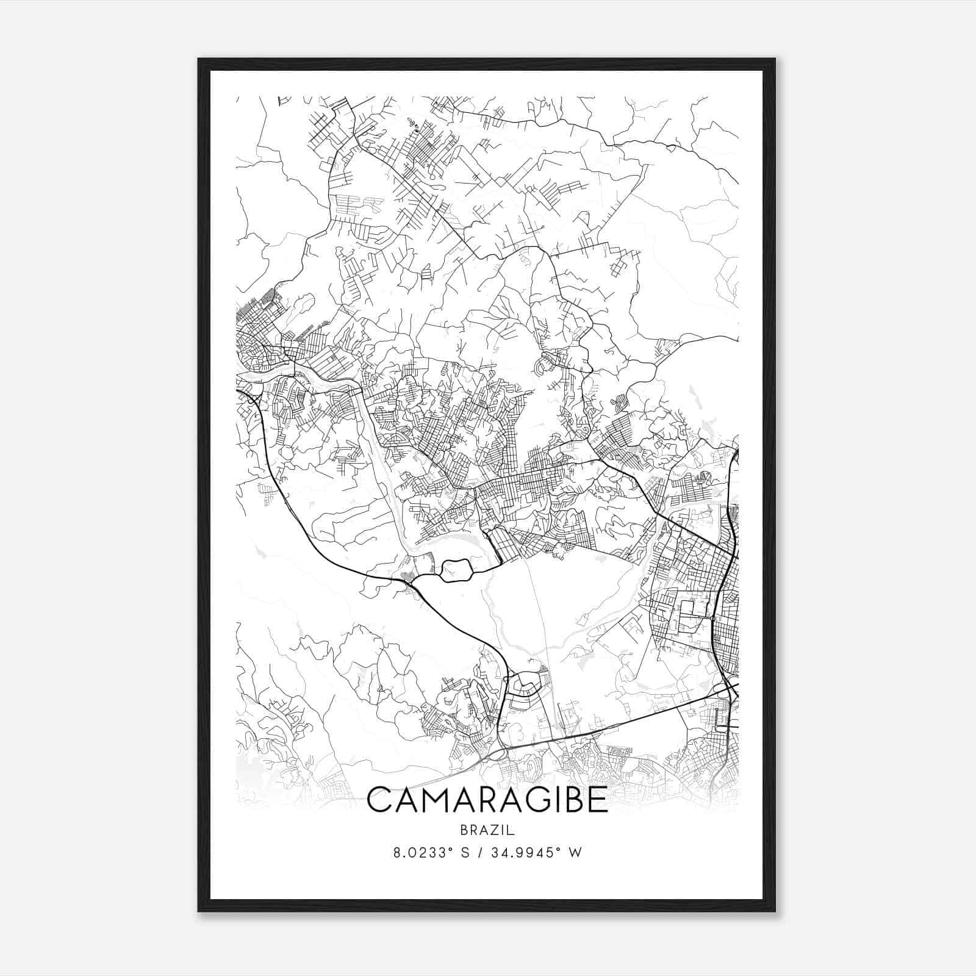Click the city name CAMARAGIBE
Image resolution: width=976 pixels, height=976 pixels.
coord(487,800)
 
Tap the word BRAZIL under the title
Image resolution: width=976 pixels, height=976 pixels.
coord(487,830)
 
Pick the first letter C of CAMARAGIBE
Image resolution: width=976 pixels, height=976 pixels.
coord(381,800)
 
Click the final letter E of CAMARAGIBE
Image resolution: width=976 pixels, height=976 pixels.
coord(598,800)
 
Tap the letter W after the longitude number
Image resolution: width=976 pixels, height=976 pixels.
coord(575,852)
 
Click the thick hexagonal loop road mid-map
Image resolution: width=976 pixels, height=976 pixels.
coord(456,570)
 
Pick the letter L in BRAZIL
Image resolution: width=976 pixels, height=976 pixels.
coord(512,830)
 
